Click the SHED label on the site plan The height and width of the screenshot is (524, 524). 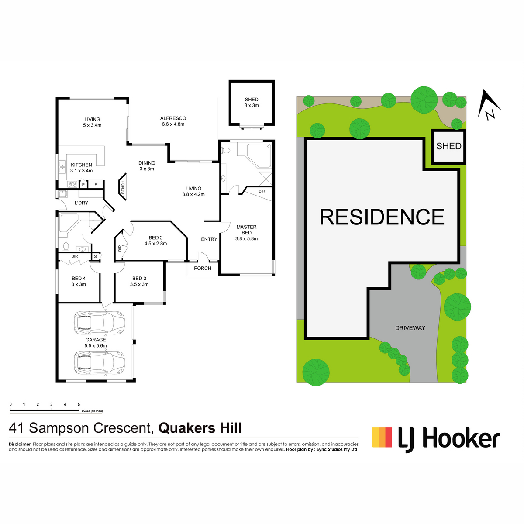pos(449,146)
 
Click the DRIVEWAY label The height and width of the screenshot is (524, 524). pos(410,328)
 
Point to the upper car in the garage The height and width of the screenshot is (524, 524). pos(100,323)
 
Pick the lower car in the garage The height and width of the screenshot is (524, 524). pos(100,363)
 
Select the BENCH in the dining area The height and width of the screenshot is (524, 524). pos(123,187)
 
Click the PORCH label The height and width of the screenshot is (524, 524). pos(203,268)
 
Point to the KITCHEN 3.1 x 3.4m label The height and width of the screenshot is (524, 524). pos(81,168)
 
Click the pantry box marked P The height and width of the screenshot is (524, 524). pos(83,185)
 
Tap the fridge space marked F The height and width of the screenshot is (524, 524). pos(96,185)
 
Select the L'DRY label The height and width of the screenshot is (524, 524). pos(81,203)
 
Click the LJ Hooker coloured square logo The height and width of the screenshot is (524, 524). pos(382,437)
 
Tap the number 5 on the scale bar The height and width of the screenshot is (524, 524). pos(79,404)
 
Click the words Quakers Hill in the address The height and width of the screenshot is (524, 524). pos(200,428)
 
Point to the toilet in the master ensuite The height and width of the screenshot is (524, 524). pos(225,150)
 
